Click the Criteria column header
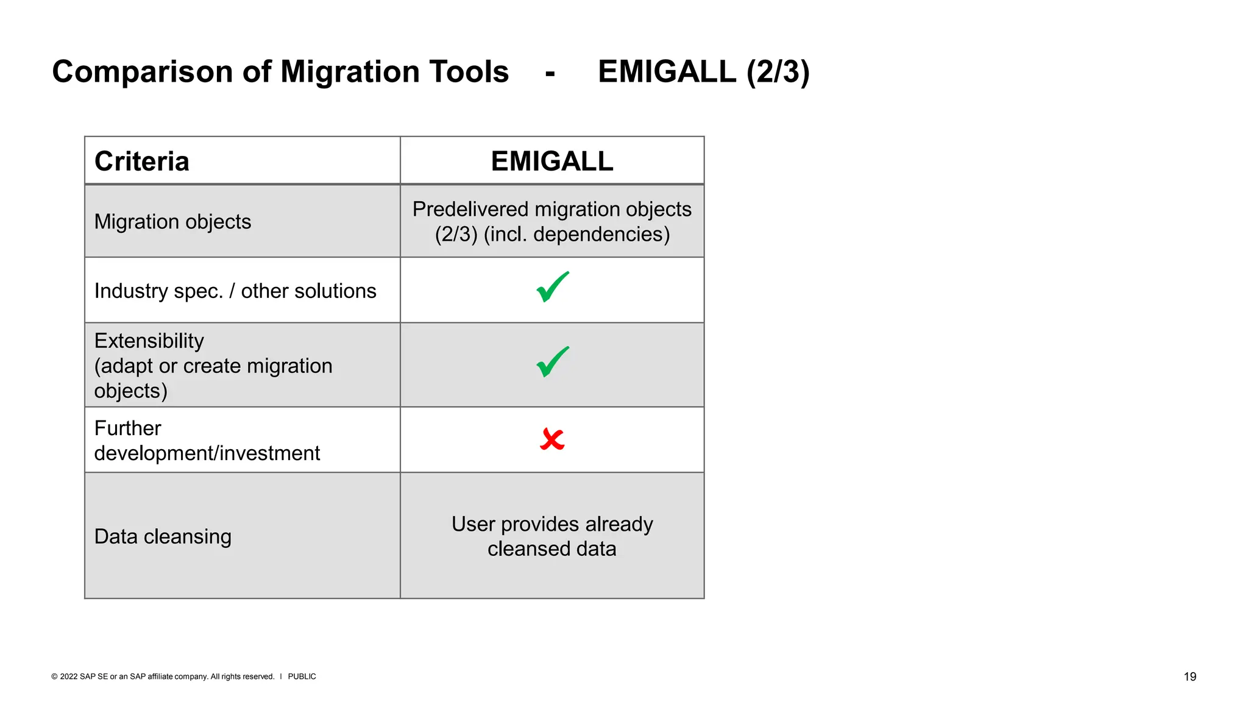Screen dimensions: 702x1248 point(141,161)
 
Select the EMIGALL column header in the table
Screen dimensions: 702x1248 point(551,161)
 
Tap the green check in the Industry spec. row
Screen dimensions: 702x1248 point(552,288)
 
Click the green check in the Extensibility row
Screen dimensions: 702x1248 point(552,362)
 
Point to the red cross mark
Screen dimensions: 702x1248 point(552,439)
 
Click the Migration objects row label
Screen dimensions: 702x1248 point(172,222)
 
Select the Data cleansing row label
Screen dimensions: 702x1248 point(163,536)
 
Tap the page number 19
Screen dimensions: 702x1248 point(1189,676)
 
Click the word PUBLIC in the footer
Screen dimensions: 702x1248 point(302,676)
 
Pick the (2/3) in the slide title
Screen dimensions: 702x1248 point(778,72)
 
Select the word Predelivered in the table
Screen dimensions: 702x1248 point(470,210)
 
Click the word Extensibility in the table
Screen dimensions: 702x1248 point(149,341)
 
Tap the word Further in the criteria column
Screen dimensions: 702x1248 point(127,428)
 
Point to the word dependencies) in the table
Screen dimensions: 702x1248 point(601,235)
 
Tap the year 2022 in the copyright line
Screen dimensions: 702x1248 point(68,676)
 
